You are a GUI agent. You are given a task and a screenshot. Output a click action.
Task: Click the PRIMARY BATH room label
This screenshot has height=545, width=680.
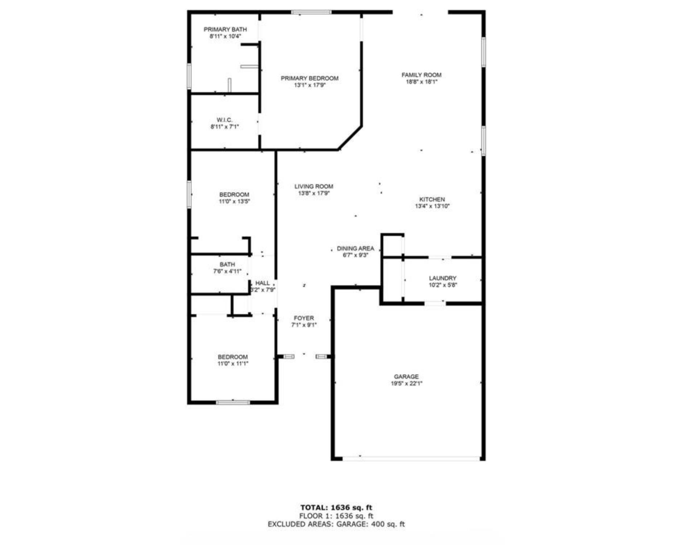click(225, 29)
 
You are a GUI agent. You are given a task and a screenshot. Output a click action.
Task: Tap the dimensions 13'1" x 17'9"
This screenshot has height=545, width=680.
click(310, 85)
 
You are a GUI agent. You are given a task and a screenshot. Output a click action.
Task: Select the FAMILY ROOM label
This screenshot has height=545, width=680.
click(421, 75)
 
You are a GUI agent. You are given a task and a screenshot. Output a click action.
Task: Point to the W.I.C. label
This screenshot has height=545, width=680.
click(224, 120)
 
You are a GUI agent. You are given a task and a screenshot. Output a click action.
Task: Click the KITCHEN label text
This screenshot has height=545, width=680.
click(432, 199)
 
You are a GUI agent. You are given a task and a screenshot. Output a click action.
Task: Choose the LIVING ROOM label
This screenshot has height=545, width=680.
click(314, 187)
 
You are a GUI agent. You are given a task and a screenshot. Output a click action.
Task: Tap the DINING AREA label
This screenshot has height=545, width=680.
click(355, 249)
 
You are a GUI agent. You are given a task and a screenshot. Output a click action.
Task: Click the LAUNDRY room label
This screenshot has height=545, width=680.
click(442, 278)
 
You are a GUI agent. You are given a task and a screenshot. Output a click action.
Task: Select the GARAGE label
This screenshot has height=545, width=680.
click(406, 377)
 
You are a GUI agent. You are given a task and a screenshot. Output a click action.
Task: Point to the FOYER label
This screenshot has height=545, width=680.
click(304, 318)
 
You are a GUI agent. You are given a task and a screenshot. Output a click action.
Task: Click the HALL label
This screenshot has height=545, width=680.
click(262, 283)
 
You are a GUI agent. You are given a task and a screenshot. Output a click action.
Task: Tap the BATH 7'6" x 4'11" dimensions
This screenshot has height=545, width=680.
click(227, 271)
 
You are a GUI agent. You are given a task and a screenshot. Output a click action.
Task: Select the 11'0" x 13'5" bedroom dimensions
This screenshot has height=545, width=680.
click(234, 201)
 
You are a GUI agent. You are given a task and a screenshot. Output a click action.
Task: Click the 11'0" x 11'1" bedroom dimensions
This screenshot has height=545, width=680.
click(233, 364)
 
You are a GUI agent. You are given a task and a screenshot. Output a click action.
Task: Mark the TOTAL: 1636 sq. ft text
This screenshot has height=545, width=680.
click(336, 508)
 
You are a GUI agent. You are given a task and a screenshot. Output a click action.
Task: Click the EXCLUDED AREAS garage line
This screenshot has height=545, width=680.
click(336, 524)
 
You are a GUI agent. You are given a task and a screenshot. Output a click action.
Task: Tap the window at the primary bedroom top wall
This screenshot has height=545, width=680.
click(311, 12)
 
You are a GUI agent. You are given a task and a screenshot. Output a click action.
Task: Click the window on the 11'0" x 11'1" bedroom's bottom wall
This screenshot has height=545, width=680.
click(233, 402)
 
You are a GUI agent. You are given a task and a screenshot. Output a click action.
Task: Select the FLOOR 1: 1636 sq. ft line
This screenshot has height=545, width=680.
click(336, 516)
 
